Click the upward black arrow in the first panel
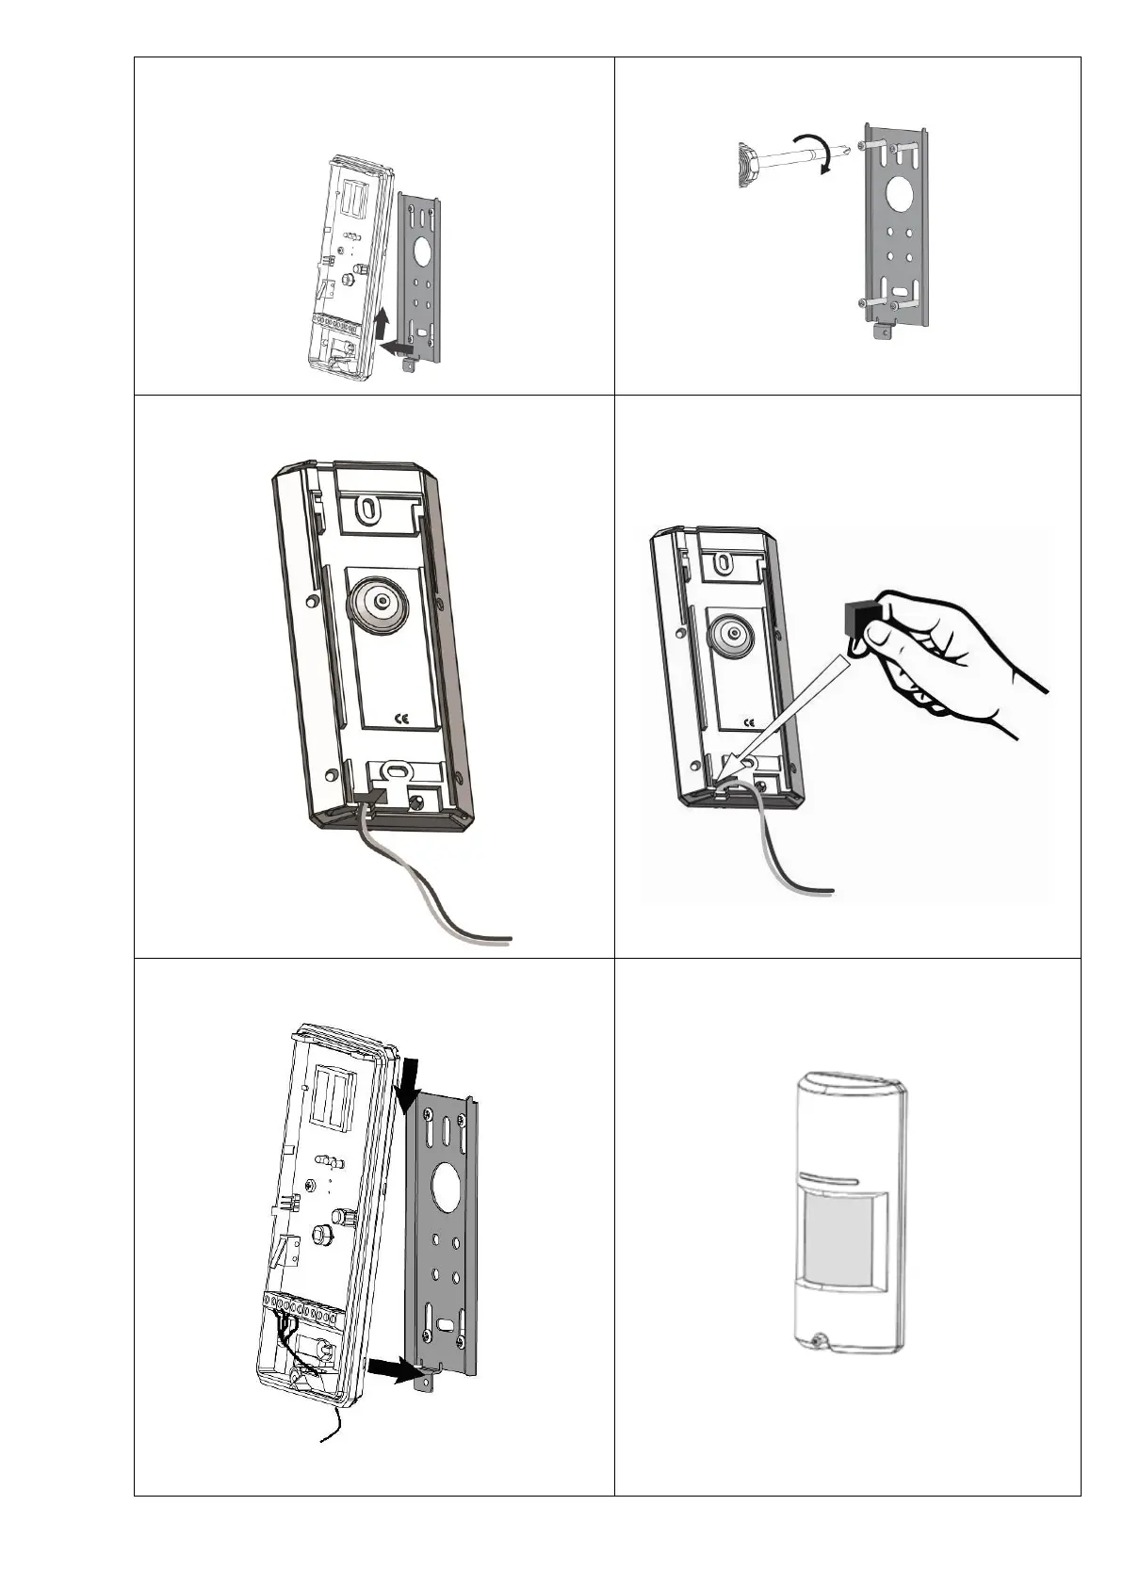tap(381, 325)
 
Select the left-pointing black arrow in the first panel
tap(395, 349)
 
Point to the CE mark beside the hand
tap(749, 722)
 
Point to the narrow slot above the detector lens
tap(830, 1180)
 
